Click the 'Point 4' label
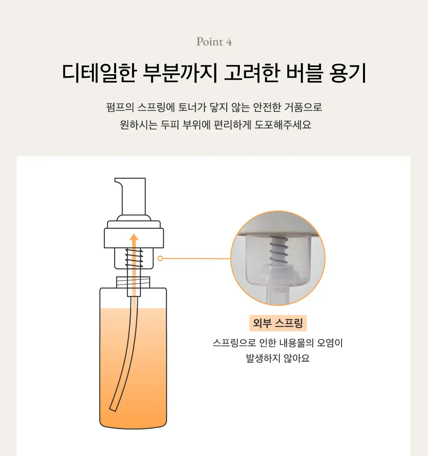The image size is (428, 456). [x=214, y=42]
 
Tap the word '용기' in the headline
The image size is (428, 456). [x=348, y=73]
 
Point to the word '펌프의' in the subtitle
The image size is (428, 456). [x=120, y=107]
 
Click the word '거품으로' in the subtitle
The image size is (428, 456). [x=303, y=107]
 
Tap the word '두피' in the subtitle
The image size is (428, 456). [x=170, y=125]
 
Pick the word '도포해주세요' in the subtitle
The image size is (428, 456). [x=283, y=125]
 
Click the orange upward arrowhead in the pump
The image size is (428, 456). [x=134, y=238]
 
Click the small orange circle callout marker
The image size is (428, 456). [x=160, y=259]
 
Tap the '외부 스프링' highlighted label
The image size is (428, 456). [x=278, y=323]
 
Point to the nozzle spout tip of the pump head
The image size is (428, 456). [x=117, y=182]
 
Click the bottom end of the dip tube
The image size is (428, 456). [x=113, y=408]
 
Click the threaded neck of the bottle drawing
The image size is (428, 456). [x=134, y=282]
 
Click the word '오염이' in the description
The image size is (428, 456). [x=330, y=343]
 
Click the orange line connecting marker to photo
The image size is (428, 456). [x=196, y=259]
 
